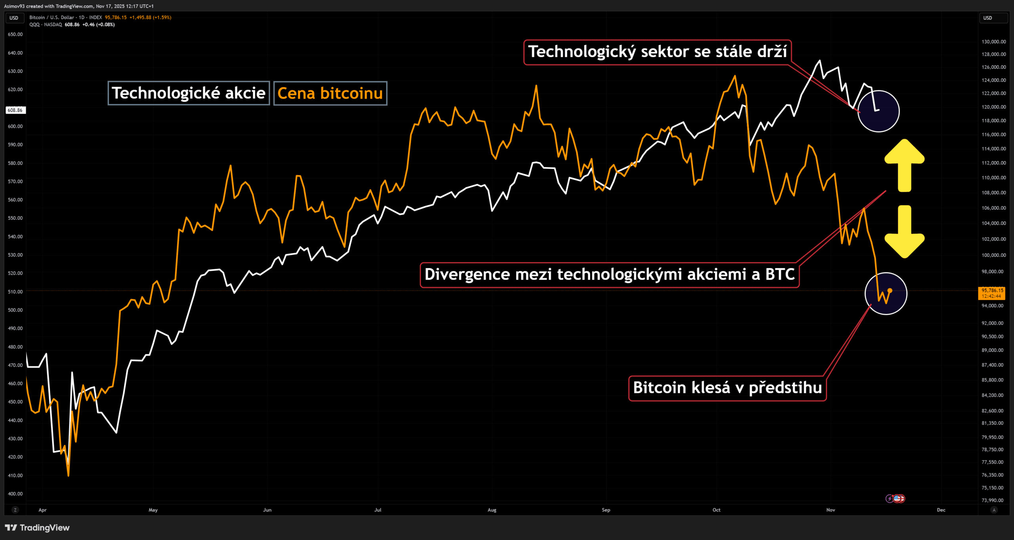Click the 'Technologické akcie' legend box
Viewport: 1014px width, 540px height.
pyautogui.click(x=189, y=93)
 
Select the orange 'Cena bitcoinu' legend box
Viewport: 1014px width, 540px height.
pyautogui.click(x=330, y=93)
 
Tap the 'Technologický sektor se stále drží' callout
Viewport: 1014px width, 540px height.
pyautogui.click(x=657, y=52)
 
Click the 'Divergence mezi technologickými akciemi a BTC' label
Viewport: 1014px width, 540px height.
pyautogui.click(x=609, y=275)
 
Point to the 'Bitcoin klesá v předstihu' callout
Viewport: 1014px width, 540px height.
pyautogui.click(x=727, y=388)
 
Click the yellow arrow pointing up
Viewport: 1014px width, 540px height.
pyautogui.click(x=905, y=164)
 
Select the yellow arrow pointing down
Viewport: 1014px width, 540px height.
pyautogui.click(x=905, y=232)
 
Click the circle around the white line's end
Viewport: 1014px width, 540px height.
pyautogui.click(x=879, y=111)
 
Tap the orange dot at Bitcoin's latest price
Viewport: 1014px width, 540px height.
pyautogui.click(x=890, y=291)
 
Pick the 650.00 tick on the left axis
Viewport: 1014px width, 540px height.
pyautogui.click(x=15, y=34)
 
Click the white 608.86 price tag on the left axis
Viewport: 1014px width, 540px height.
pyautogui.click(x=15, y=110)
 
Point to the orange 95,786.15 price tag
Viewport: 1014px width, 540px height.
pyautogui.click(x=992, y=293)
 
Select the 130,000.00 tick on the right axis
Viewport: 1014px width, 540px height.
pyautogui.click(x=993, y=42)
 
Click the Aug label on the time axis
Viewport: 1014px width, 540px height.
pyautogui.click(x=492, y=510)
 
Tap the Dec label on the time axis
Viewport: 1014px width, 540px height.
pyautogui.click(x=941, y=510)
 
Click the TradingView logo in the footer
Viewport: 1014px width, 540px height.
pyautogui.click(x=37, y=528)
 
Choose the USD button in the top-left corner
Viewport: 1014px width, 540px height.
pyautogui.click(x=14, y=18)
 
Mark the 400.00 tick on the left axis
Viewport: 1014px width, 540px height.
pyautogui.click(x=15, y=494)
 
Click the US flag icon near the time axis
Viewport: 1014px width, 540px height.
pyautogui.click(x=898, y=499)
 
